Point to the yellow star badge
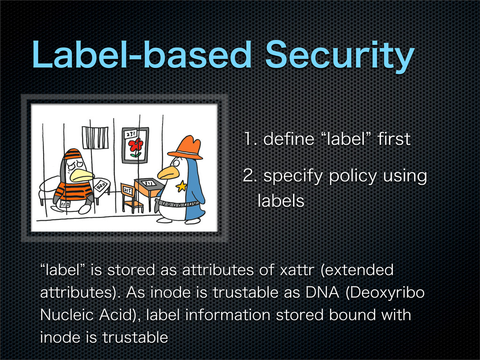pos(181,186)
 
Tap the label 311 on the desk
pos(149,183)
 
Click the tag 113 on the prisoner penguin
pos(66,204)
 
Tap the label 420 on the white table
pos(101,185)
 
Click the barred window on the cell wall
pos(95,137)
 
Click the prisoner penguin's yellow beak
pos(82,176)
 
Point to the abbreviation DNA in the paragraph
pos(322,292)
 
